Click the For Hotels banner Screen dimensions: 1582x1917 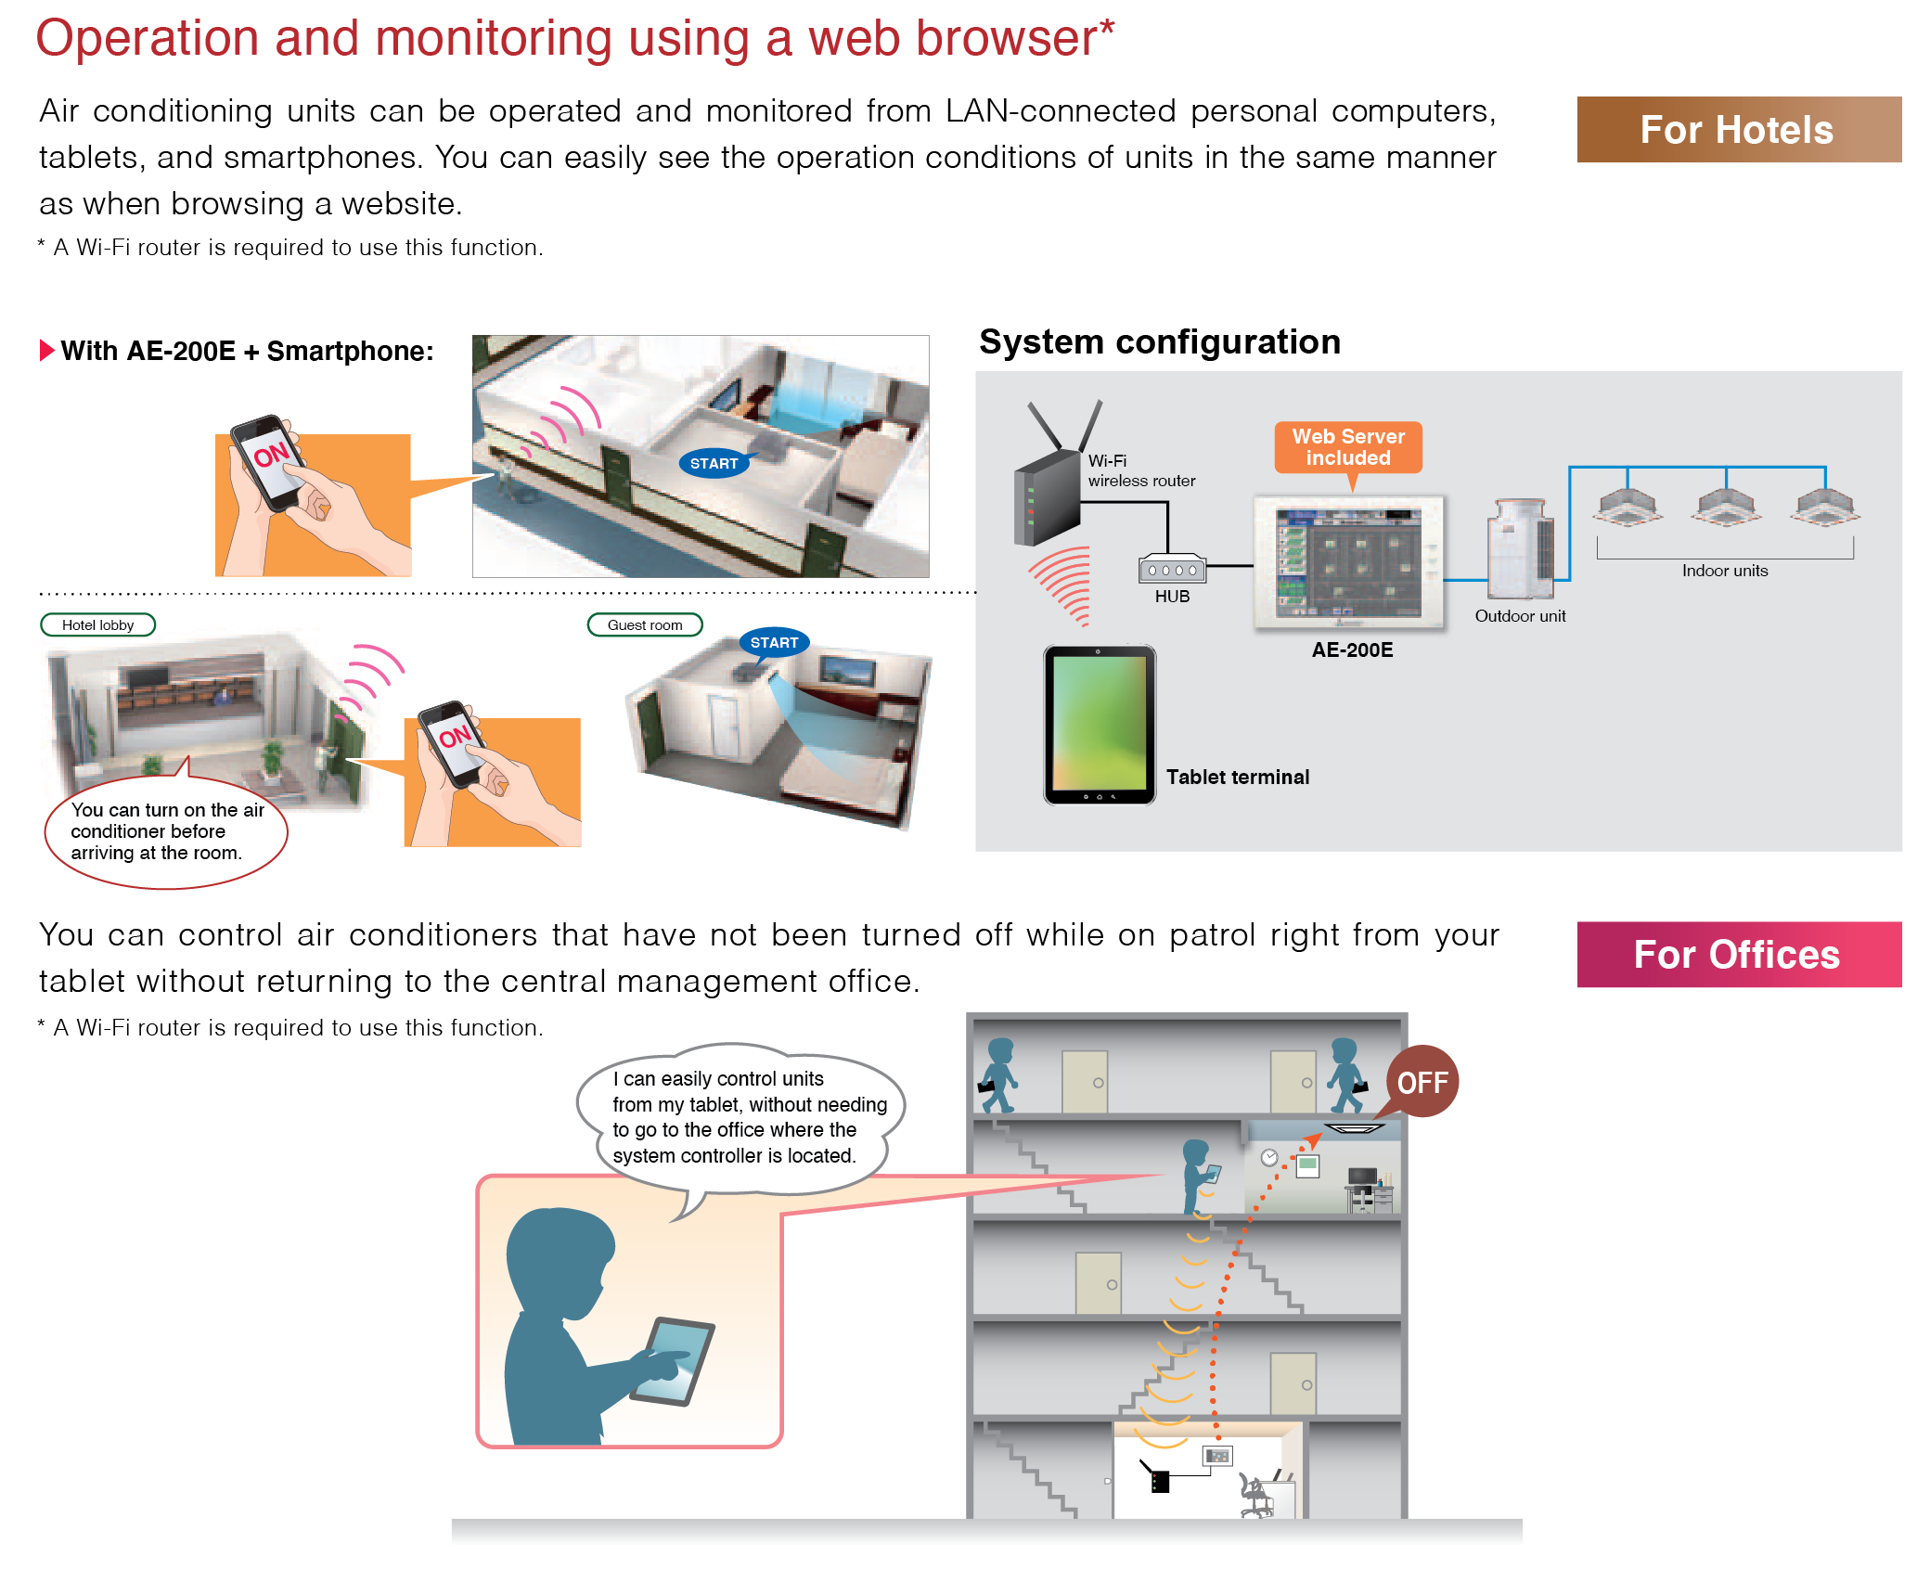point(1737,130)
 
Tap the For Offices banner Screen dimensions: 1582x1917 point(1737,955)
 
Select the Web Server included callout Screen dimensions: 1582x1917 point(1348,447)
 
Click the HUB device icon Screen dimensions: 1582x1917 point(1172,569)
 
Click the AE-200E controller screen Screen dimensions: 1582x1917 point(1349,563)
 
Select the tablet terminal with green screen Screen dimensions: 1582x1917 point(1100,725)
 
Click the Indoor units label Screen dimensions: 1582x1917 point(1725,571)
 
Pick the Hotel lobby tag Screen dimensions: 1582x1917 point(98,624)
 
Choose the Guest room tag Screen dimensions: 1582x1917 point(645,624)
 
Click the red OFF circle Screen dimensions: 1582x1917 point(1422,1082)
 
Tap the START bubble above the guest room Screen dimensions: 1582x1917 point(774,642)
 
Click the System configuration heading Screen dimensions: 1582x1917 point(1159,342)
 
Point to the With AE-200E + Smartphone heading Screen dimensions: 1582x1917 point(247,351)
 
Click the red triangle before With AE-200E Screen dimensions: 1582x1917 point(47,351)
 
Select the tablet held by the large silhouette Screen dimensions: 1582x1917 point(672,1360)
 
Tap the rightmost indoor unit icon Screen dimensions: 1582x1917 point(1825,507)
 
